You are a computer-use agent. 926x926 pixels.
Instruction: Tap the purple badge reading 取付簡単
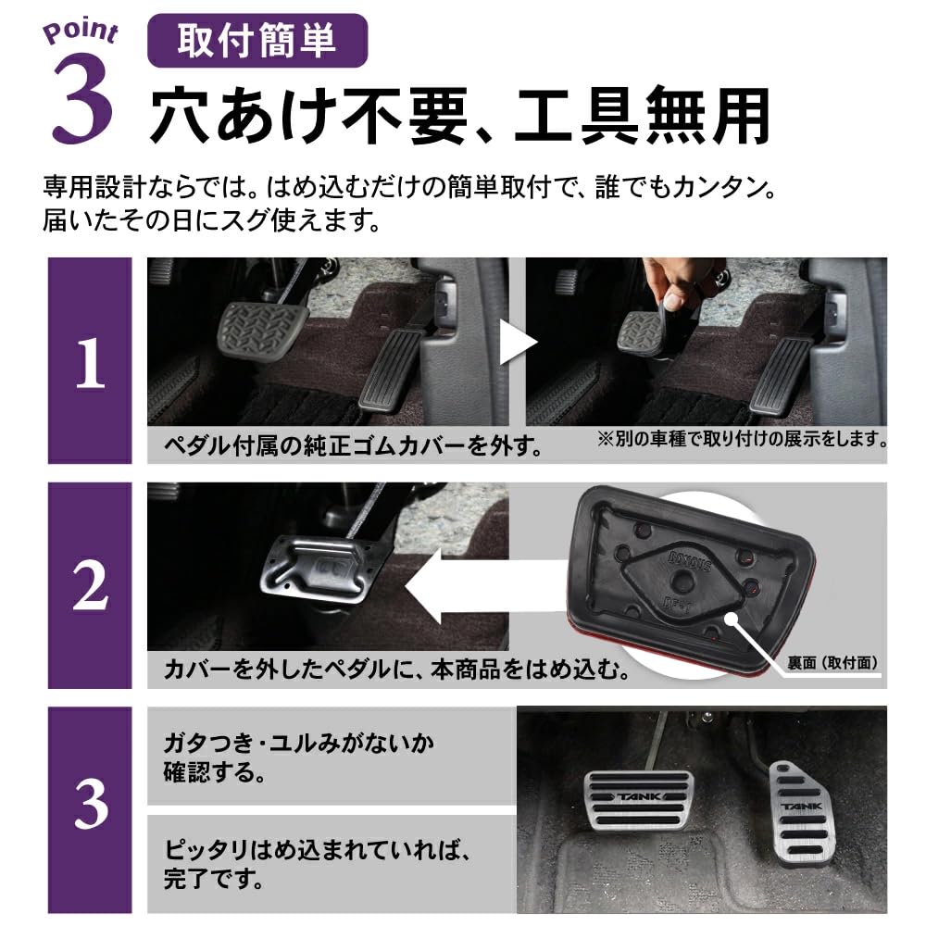[x=257, y=43]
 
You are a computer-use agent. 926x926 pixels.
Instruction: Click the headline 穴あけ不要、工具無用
[x=460, y=115]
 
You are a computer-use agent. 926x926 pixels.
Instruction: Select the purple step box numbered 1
[x=90, y=361]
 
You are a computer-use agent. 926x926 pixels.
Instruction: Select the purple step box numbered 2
[x=90, y=585]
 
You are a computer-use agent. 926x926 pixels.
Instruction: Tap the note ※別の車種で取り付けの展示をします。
[x=741, y=438]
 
